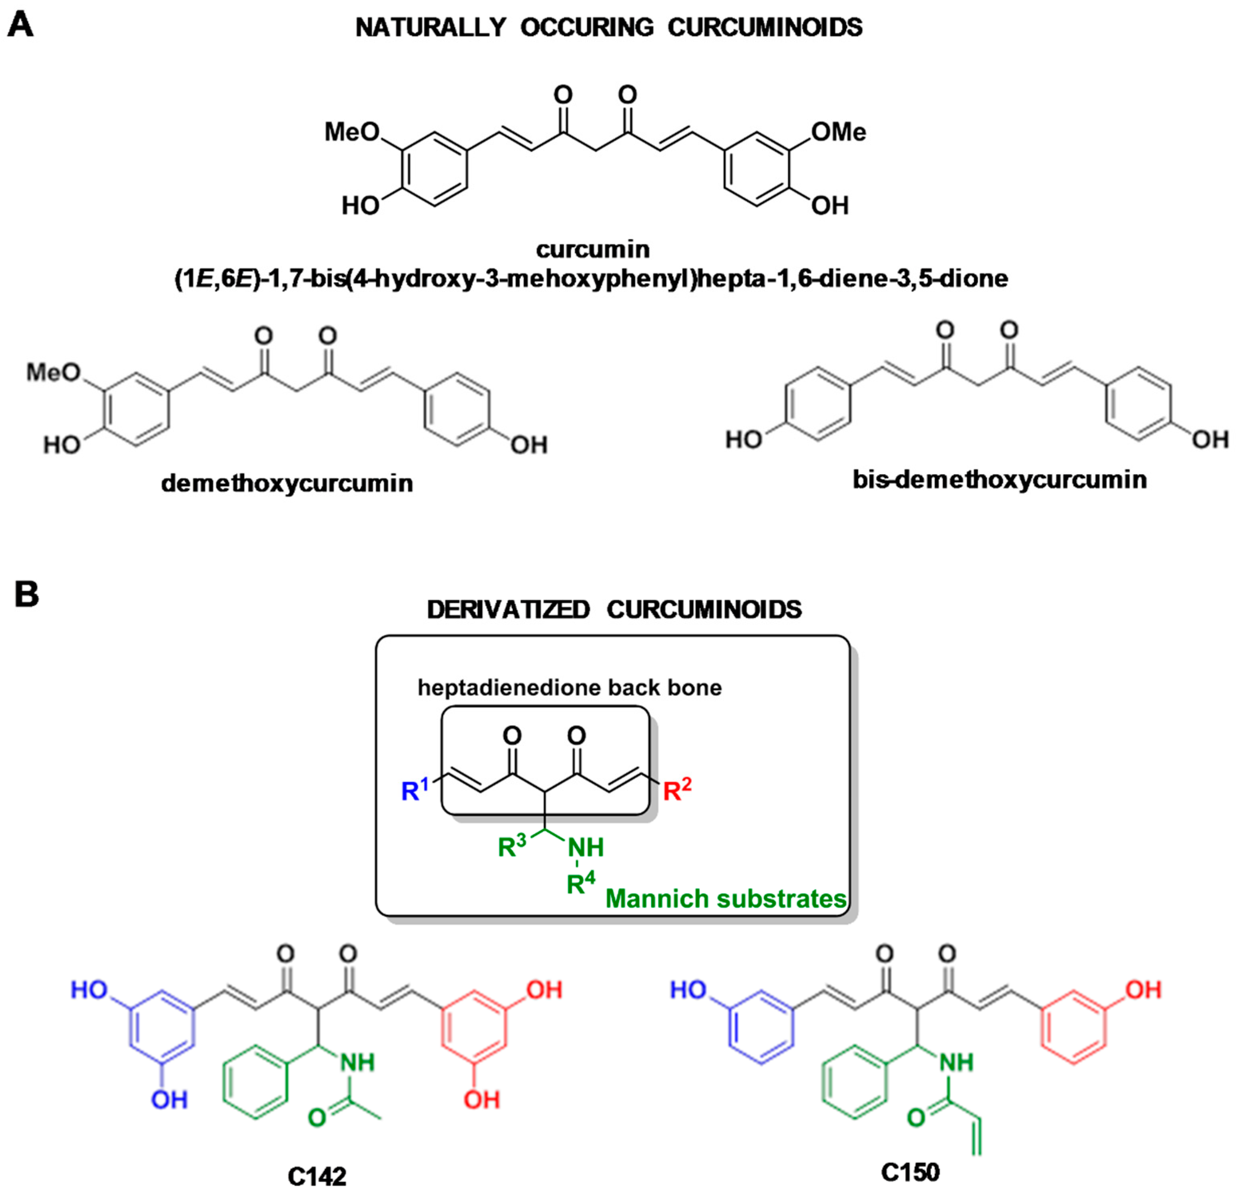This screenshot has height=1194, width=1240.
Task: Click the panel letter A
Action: point(20,26)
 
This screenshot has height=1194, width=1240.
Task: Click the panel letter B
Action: point(26,594)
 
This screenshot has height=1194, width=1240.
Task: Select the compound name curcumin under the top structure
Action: point(593,249)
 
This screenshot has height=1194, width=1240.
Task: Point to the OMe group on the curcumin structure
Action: point(839,132)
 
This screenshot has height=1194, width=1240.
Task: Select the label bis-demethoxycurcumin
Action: point(1000,479)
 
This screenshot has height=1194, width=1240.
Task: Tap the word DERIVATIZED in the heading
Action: point(508,609)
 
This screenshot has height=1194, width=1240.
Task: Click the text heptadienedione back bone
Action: point(569,688)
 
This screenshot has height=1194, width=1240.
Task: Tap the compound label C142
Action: point(317,1176)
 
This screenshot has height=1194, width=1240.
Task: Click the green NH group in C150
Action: point(956,1062)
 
